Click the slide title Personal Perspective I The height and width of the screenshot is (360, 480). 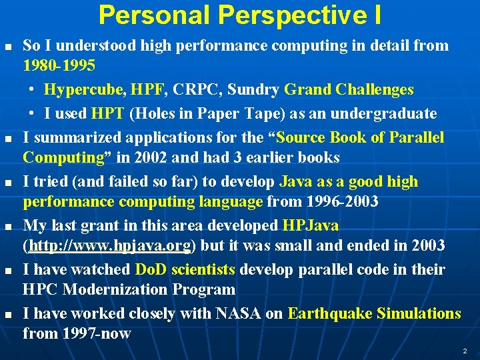pos(240,15)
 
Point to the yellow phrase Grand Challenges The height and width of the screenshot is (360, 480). pos(349,89)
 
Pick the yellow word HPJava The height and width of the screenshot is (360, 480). pos(311,225)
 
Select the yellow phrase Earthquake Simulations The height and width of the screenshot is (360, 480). pos(374,313)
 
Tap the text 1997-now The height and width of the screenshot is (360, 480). pos(77,333)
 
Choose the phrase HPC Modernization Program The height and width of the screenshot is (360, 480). pos(129,289)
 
